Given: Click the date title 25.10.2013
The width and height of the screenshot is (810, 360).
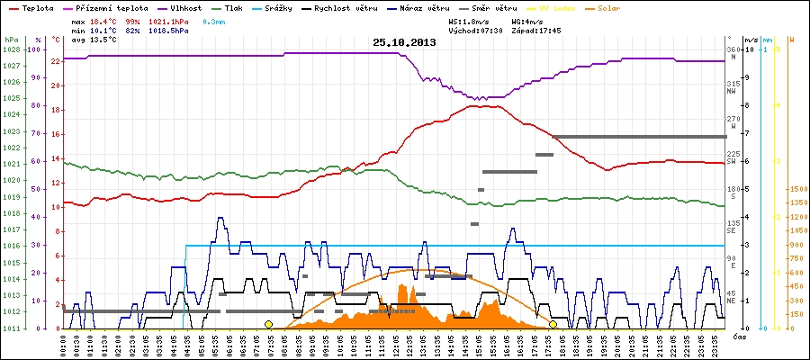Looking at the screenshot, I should [x=405, y=42].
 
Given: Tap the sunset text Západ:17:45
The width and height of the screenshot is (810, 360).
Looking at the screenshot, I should [x=536, y=30].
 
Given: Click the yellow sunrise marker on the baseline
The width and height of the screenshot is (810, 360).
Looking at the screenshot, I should [x=268, y=324].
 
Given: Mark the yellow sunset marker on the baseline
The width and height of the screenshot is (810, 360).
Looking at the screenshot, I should [x=553, y=324].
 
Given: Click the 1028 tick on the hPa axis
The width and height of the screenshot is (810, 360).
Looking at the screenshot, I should [x=11, y=49].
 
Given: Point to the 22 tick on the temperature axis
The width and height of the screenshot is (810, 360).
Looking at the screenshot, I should [x=56, y=61].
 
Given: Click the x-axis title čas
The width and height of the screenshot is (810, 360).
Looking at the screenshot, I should [x=738, y=337].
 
